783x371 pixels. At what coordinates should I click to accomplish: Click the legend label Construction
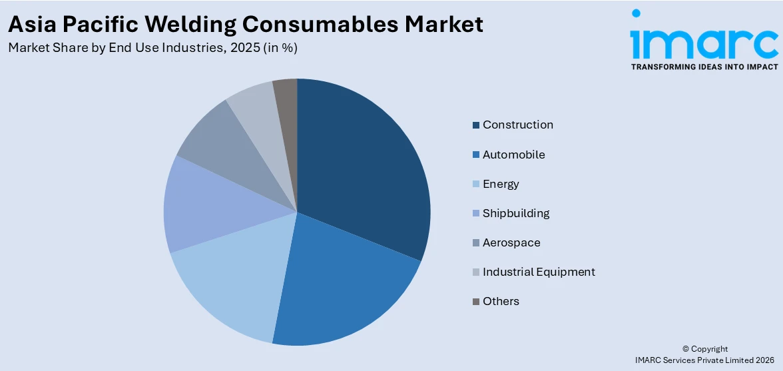518,125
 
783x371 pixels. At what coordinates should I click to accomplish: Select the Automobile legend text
514,155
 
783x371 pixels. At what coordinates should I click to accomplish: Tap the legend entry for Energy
501,184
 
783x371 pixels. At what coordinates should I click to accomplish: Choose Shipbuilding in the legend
516,213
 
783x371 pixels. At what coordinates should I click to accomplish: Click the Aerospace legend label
511,242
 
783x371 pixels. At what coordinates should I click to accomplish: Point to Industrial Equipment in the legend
539,272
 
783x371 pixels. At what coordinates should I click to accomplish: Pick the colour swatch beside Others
475,302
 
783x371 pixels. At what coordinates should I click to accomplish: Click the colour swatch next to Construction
475,125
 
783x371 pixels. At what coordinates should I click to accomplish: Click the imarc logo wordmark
704,41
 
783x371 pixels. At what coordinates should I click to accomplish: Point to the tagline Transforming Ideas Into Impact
704,67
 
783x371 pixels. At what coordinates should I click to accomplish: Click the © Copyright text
705,349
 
